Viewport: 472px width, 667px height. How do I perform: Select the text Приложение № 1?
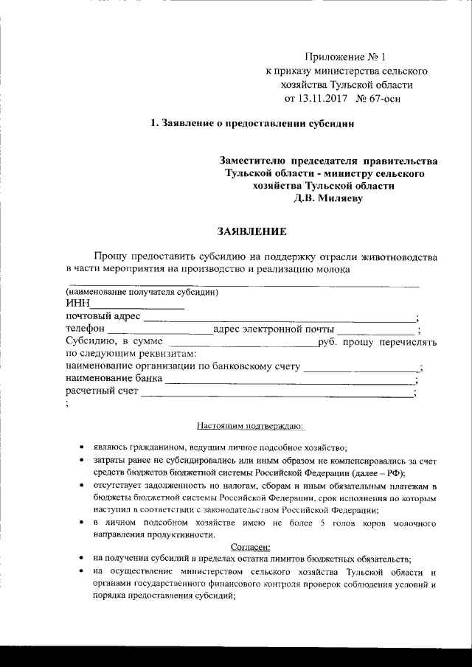(344, 57)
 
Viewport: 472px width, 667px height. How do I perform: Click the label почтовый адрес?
(103, 318)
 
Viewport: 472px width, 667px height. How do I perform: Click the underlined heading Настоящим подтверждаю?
(246, 425)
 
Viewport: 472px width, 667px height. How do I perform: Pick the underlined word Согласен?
(251, 546)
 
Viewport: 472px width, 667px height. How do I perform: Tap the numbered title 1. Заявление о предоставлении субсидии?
(252, 123)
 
